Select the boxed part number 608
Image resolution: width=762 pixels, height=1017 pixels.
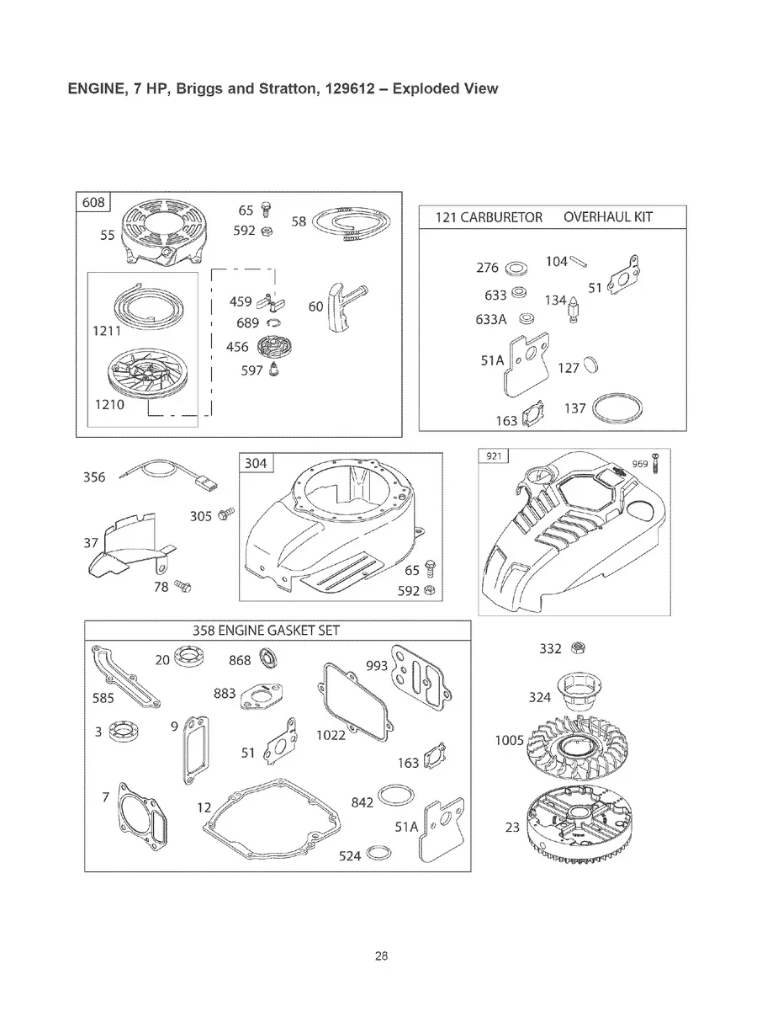coord(93,203)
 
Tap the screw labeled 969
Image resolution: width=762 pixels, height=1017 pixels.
coord(654,462)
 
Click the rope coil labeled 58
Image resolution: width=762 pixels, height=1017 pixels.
coord(352,226)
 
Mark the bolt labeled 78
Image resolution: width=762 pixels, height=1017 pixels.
coord(185,584)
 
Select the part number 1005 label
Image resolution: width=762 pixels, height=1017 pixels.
coord(510,741)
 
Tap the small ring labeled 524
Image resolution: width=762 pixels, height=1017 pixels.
coord(379,855)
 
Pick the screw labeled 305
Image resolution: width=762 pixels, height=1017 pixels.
coord(225,513)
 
